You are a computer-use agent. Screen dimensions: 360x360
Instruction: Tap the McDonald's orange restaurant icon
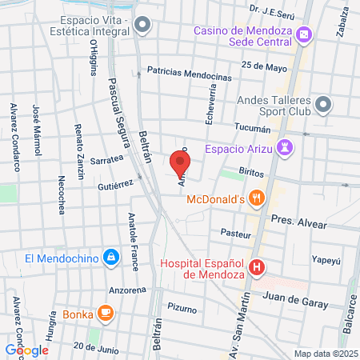[x=256, y=198]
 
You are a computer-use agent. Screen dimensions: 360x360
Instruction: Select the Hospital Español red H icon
[x=256, y=267]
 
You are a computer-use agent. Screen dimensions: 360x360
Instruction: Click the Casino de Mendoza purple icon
[x=304, y=36]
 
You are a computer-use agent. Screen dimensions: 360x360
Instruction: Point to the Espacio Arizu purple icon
[x=287, y=147]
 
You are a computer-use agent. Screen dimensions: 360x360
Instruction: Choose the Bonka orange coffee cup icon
[x=105, y=313]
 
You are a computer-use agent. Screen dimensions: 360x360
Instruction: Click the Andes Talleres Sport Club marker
[x=323, y=105]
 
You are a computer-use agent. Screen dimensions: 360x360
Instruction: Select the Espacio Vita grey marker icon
[x=142, y=26]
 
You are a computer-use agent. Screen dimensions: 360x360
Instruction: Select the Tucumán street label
[x=253, y=128]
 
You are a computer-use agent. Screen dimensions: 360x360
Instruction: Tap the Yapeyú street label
[x=326, y=260]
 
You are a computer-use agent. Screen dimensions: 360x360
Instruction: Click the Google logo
[x=26, y=350]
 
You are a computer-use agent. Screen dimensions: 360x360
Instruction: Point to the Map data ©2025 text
[x=324, y=354]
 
